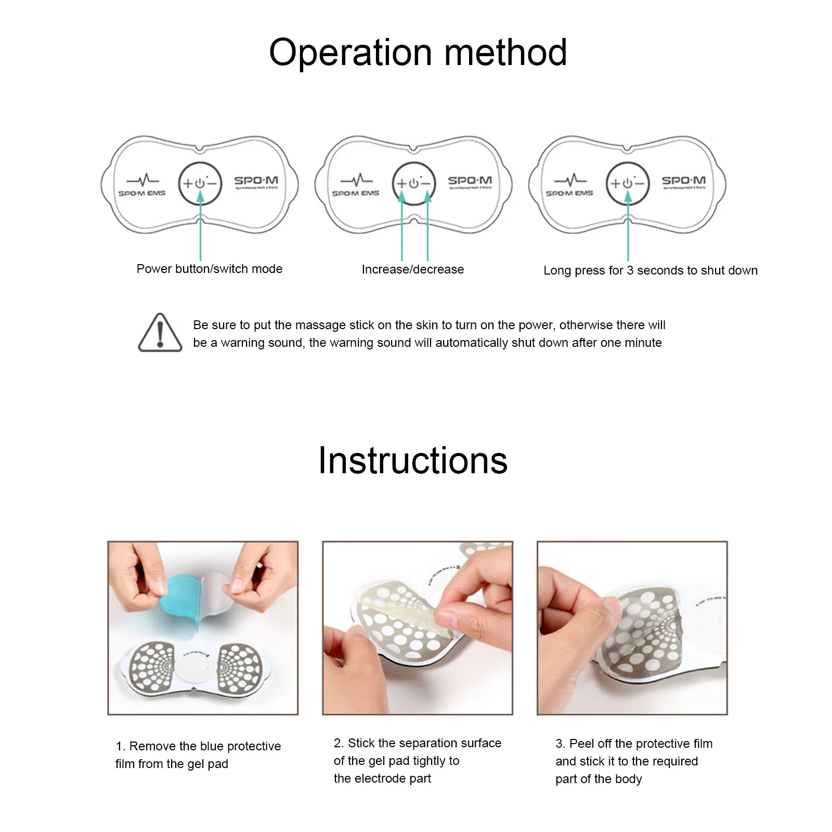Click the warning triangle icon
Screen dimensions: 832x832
(160, 333)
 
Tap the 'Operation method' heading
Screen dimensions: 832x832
(418, 53)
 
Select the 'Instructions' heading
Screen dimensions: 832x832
(413, 461)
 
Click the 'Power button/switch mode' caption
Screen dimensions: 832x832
(209, 269)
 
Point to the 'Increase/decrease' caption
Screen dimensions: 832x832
(413, 269)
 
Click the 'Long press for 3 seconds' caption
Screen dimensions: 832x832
(650, 270)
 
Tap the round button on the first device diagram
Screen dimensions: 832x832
(200, 184)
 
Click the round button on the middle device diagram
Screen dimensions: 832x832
(414, 184)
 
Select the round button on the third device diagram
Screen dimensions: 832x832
(628, 184)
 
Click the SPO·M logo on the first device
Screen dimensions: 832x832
(256, 181)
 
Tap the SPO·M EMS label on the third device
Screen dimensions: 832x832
(569, 193)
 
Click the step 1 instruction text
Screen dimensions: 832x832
(198, 755)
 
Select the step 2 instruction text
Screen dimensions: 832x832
(417, 761)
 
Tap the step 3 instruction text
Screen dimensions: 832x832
(633, 761)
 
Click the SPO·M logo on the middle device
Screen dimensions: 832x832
(470, 181)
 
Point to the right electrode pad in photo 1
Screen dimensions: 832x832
(238, 668)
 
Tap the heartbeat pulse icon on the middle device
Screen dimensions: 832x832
(356, 180)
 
